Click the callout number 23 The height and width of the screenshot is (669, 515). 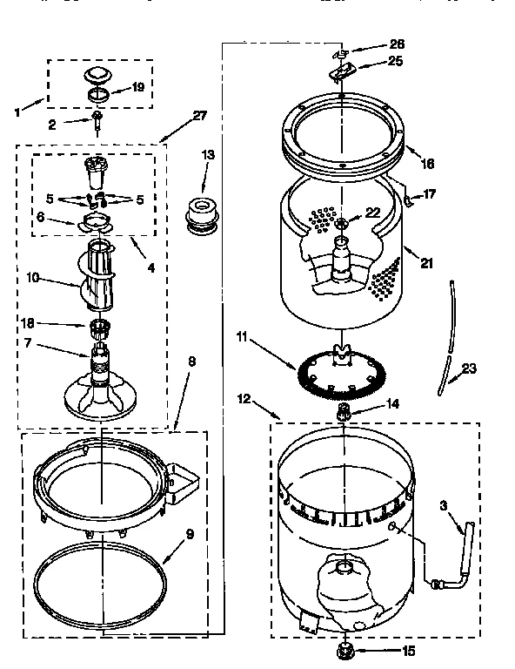point(469,368)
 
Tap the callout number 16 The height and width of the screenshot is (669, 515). point(427,163)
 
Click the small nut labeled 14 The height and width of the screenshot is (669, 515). point(344,409)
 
